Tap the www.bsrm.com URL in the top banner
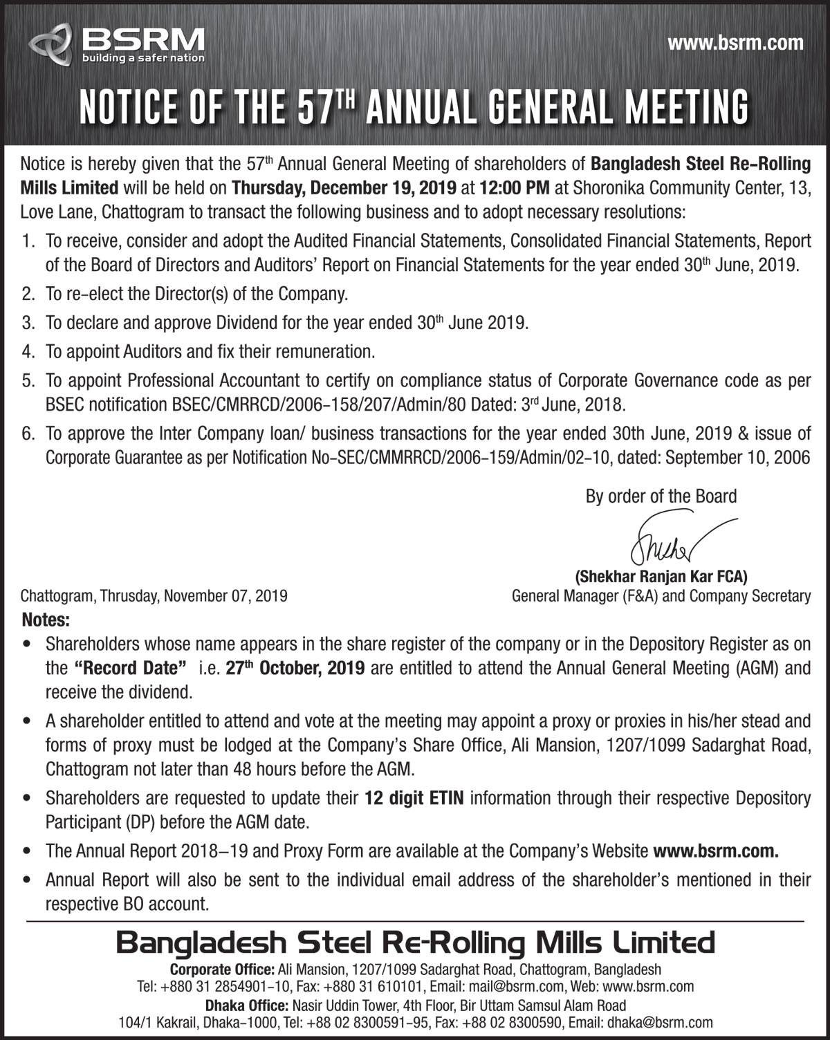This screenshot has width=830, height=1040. click(x=735, y=43)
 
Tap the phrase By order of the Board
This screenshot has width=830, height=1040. click(x=661, y=496)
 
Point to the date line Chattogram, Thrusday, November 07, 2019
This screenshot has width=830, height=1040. click(x=154, y=595)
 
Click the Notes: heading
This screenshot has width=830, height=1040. click(x=46, y=617)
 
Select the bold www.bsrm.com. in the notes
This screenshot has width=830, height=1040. click(x=716, y=851)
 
